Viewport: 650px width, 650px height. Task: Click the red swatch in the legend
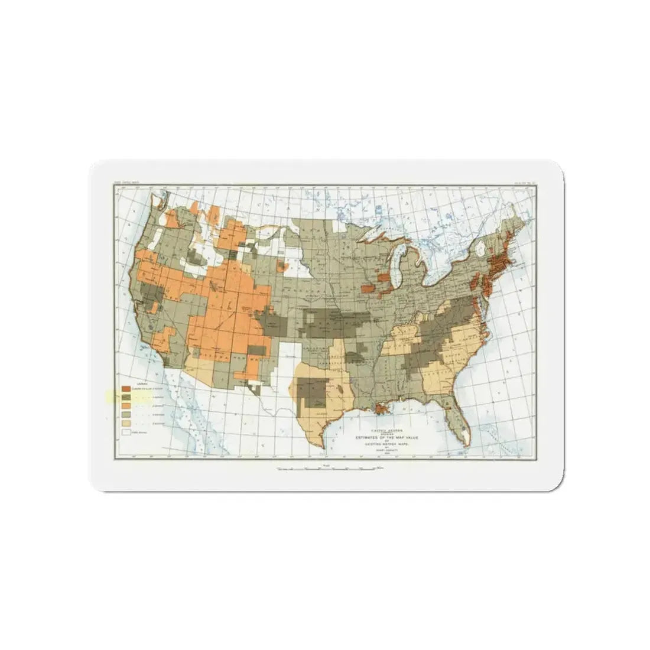point(126,389)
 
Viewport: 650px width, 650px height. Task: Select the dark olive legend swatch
point(126,398)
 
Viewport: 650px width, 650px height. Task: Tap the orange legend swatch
point(126,407)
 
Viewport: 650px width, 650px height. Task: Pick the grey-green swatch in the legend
point(126,415)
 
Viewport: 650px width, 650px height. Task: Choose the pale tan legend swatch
point(126,424)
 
